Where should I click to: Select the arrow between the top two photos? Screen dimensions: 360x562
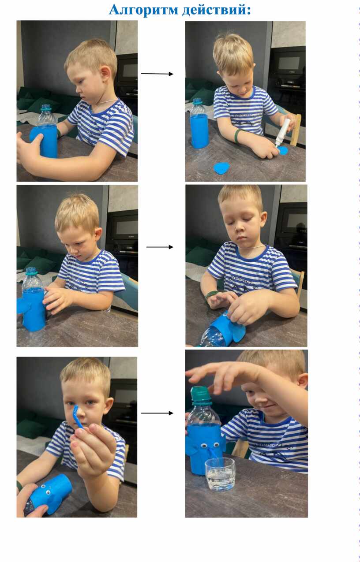(x=157, y=74)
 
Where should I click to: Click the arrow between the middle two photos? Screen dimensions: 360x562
(x=160, y=247)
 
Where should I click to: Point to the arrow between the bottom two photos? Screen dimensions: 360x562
(x=157, y=413)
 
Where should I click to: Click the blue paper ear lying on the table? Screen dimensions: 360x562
(x=222, y=168)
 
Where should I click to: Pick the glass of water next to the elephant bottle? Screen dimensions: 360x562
(x=220, y=474)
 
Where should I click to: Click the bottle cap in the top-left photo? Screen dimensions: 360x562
(x=46, y=108)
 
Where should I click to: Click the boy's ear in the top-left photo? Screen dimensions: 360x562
(x=105, y=73)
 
